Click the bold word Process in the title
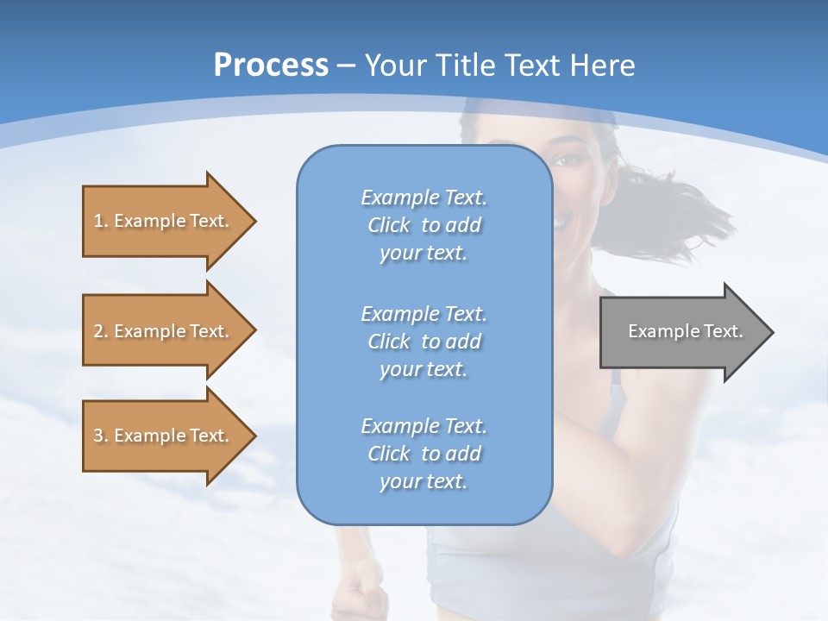[271, 66]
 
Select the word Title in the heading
[467, 66]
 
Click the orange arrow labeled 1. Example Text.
[164, 221]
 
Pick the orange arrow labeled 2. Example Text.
[164, 331]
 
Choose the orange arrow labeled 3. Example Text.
[164, 436]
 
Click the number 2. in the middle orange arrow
[101, 331]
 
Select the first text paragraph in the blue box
[423, 225]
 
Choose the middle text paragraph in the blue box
[423, 342]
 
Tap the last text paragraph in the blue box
[423, 454]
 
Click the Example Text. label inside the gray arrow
[685, 331]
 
